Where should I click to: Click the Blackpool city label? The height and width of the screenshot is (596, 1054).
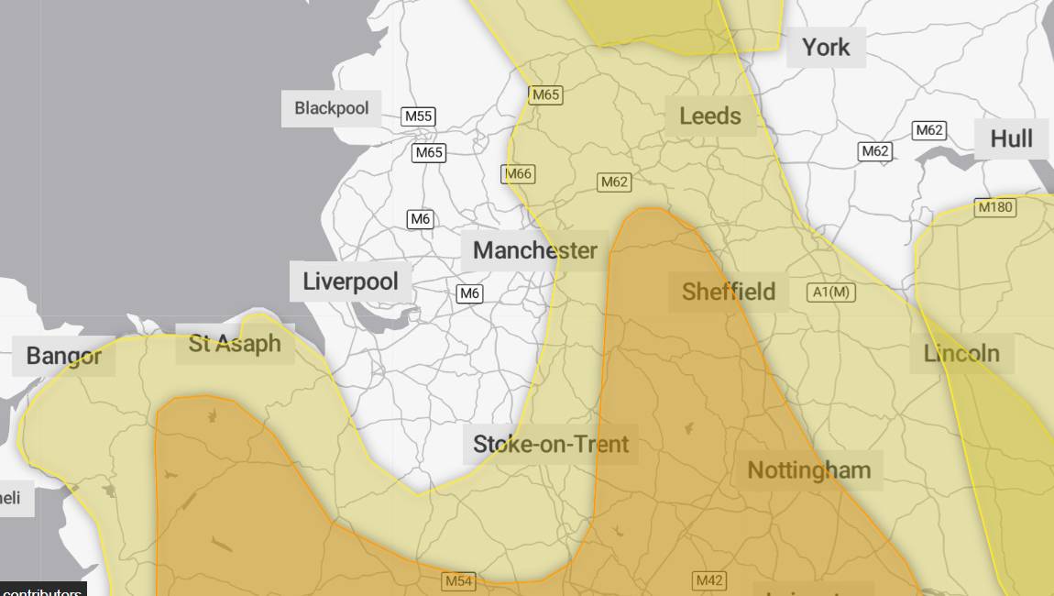pos(331,108)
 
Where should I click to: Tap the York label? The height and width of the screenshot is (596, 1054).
pos(826,47)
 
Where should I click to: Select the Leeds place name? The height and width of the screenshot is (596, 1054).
pos(710,116)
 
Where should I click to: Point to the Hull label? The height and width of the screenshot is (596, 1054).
pos(1011,138)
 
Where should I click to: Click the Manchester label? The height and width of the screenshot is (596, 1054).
pos(535,250)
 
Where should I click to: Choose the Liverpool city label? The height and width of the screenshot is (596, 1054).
pos(350,281)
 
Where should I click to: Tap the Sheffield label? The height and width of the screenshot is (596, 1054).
pos(729,292)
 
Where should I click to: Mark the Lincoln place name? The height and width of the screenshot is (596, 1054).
pos(961,353)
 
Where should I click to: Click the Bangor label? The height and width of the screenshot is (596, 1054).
pos(63,356)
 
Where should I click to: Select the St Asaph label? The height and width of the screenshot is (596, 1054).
pos(235,344)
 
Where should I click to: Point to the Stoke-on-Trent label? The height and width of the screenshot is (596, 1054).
pos(551,444)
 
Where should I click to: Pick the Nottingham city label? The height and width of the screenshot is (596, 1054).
pos(808,470)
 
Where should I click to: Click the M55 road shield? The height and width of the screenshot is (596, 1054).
pos(419,116)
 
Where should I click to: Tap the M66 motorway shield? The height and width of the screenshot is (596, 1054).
pos(518,173)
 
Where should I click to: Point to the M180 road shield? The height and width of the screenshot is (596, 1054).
pos(995,207)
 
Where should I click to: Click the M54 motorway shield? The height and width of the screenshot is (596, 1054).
pos(458,581)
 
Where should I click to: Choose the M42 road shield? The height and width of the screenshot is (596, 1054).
pos(709,580)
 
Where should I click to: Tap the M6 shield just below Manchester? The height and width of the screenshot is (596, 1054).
pos(469,293)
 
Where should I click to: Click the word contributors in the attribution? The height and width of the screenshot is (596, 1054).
pos(42,591)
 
